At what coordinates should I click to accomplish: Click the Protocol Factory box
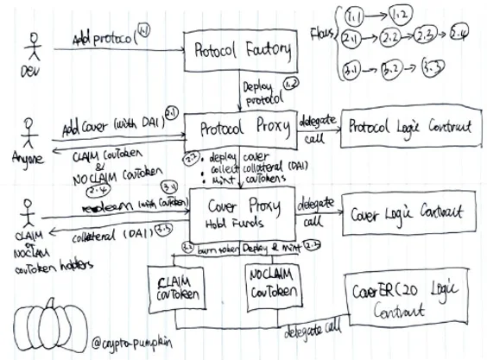(x=240, y=50)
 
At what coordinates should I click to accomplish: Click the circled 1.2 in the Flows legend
(x=400, y=16)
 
